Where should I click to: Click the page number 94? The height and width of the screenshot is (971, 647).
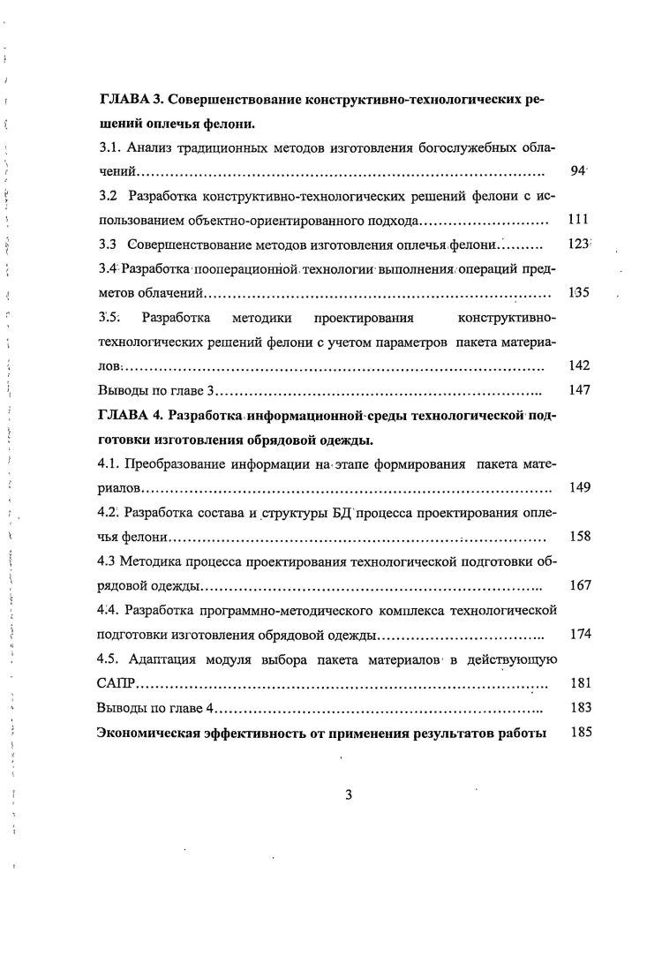[x=578, y=171]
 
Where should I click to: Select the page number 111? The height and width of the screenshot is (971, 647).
[x=579, y=220]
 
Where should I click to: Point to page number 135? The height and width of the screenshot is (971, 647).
[x=579, y=292]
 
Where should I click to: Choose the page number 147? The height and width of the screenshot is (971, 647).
[x=579, y=389]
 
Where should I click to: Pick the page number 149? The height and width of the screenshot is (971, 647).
[x=579, y=486]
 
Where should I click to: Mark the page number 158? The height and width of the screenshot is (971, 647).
[x=579, y=536]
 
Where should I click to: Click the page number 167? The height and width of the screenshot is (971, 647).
[x=579, y=584]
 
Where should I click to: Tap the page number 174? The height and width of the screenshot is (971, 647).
[x=579, y=634]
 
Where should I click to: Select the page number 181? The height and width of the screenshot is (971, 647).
[x=579, y=682]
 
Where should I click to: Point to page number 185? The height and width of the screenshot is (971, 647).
[x=579, y=732]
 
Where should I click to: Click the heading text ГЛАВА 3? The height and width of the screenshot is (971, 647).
[x=132, y=101]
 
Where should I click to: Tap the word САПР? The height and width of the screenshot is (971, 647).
[x=115, y=682]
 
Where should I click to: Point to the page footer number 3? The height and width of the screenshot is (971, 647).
[x=349, y=794]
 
